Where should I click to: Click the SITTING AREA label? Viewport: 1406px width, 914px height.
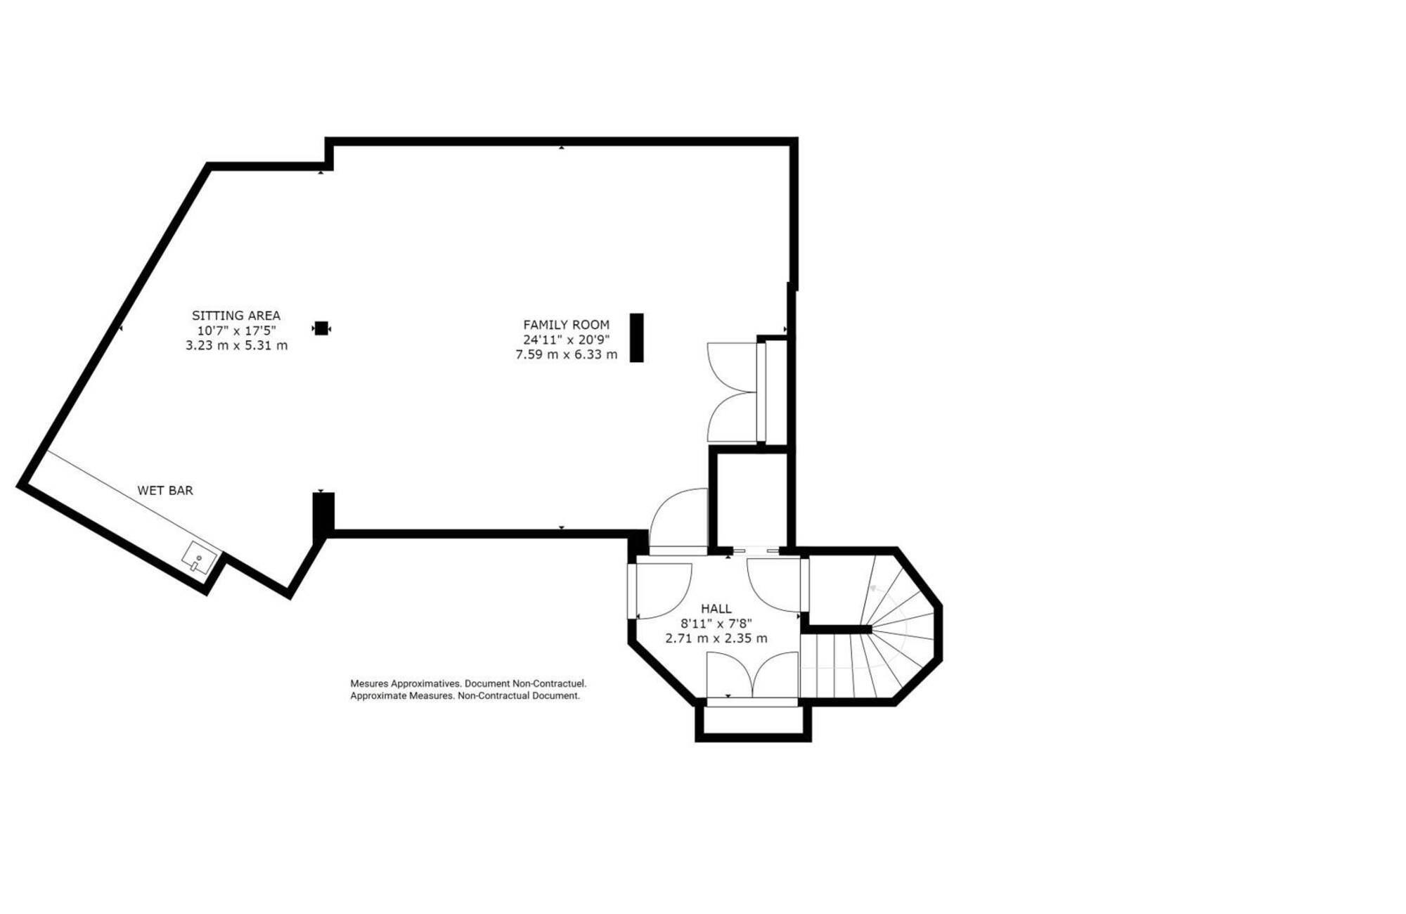click(236, 316)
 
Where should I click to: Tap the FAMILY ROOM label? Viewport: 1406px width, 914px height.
click(566, 325)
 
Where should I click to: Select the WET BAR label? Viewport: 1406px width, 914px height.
click(165, 491)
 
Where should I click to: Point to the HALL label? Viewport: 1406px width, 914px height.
click(716, 609)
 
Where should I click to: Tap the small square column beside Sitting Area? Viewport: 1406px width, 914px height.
click(321, 328)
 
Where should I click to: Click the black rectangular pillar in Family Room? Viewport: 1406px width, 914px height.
click(636, 337)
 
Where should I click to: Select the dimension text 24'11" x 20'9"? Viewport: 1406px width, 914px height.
click(566, 340)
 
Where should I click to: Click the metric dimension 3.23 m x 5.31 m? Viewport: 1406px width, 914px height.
click(236, 345)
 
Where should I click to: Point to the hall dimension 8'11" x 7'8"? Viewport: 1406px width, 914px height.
click(716, 624)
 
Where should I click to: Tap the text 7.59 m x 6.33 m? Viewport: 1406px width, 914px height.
click(566, 355)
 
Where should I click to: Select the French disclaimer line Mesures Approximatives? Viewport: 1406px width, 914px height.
click(468, 683)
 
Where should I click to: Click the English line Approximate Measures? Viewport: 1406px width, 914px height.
click(465, 696)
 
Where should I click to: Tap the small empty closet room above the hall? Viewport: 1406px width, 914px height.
click(752, 499)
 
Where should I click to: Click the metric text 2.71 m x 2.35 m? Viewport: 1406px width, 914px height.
click(716, 638)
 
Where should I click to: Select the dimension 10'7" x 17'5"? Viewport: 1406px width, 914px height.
click(236, 330)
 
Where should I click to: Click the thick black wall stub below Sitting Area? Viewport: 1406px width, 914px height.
click(323, 516)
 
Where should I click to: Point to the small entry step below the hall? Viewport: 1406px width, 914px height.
click(753, 720)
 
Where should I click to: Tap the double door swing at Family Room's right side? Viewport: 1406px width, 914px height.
click(733, 392)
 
